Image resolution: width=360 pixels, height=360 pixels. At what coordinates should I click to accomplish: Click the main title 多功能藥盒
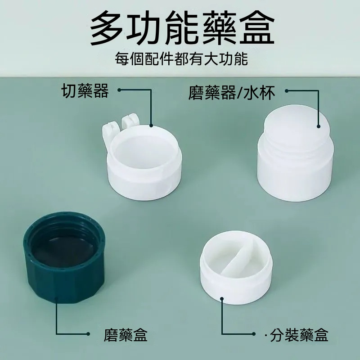point(182,28)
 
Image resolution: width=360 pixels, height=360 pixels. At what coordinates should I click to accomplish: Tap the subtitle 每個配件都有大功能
point(181,59)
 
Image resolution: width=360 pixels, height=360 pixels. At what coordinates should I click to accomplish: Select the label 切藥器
point(85,91)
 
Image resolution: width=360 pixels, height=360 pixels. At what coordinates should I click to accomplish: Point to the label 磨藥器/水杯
point(232,93)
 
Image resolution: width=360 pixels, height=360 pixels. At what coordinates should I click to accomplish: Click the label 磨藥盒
point(126,335)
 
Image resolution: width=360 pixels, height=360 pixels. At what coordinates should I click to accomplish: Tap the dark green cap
point(64,257)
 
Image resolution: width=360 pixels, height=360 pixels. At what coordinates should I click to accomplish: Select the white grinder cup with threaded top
point(296,153)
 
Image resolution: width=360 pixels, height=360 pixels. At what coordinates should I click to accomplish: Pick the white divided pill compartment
point(236,267)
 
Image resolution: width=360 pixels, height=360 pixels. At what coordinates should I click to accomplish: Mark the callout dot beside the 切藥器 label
point(119,90)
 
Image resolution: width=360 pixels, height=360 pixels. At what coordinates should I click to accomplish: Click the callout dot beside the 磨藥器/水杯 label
point(287,91)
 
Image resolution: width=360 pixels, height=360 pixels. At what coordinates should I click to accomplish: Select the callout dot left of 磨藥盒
point(88,334)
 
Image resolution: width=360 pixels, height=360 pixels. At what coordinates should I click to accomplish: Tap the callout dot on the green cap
point(57,299)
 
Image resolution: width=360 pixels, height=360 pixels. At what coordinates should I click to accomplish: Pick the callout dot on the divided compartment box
point(222,299)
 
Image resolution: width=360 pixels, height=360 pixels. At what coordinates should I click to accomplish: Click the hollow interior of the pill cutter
point(144,152)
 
